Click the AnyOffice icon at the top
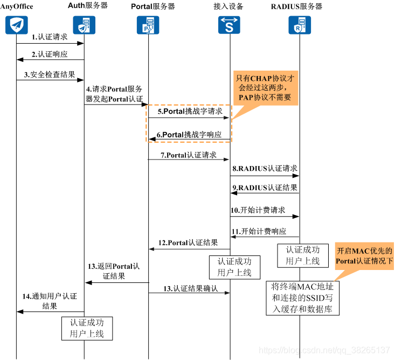pos(16,25)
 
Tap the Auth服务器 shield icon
pos(84,25)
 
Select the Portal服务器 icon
pos(148,25)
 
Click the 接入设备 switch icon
pos(230,25)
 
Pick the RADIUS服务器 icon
pos(299,25)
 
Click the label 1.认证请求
pos(50,37)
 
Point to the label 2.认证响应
pos(50,54)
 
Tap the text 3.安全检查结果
pos(50,74)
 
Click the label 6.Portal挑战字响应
pos(189,134)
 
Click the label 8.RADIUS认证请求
pos(265,169)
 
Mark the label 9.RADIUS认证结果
pos(265,188)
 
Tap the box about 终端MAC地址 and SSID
pos(302,297)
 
